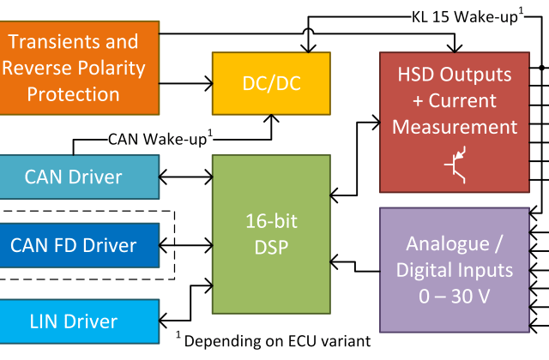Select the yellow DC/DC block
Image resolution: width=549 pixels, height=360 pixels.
(271, 83)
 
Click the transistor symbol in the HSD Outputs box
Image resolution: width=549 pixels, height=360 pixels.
(456, 168)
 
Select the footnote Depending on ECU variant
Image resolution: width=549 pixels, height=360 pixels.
(276, 340)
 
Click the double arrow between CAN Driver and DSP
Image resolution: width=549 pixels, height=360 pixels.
(185, 178)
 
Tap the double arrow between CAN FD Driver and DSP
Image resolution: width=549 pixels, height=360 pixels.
(185, 245)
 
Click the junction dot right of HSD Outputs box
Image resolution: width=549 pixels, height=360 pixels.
(540, 66)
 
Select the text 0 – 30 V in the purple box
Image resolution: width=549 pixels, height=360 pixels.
(455, 297)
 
